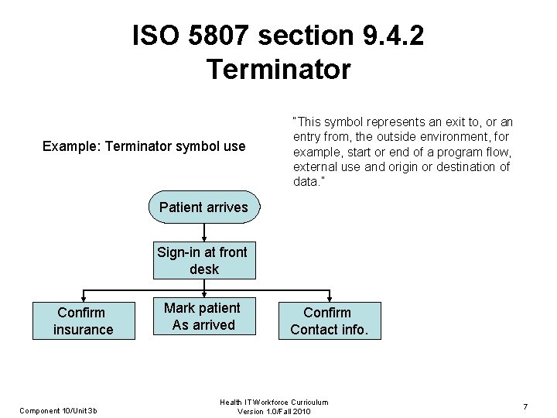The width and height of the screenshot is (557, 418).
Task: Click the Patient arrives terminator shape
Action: click(203, 207)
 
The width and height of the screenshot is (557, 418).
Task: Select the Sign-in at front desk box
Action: click(203, 261)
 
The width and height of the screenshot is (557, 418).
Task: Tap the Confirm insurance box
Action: click(83, 321)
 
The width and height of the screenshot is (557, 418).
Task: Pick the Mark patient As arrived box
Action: click(203, 317)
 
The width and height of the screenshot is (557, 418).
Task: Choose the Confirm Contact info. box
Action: click(330, 321)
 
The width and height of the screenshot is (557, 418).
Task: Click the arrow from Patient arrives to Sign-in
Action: click(203, 233)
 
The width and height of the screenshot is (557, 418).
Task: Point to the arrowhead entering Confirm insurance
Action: click(84, 299)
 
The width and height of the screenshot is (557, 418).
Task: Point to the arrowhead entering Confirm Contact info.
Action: click(330, 299)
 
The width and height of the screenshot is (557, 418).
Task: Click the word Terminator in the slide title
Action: click(278, 70)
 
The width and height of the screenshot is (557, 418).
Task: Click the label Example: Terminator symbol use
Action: click(144, 146)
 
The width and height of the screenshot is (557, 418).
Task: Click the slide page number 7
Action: click(525, 406)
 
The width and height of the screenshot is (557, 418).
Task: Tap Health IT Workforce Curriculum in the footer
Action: click(274, 402)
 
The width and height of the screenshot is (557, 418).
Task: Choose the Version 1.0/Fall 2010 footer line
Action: click(274, 411)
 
